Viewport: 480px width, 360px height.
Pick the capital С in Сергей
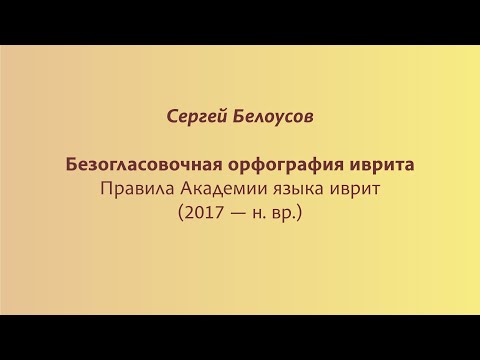(x=171, y=117)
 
